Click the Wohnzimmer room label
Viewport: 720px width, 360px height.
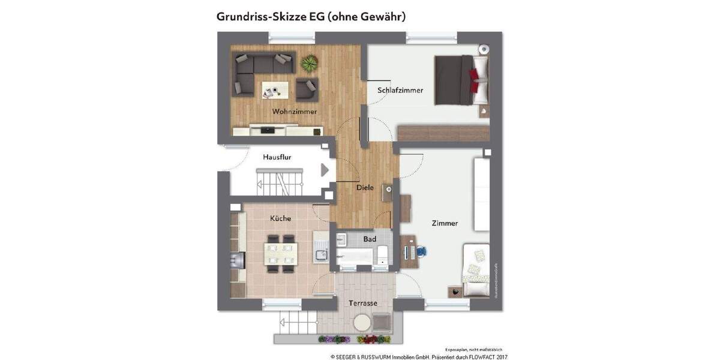294,112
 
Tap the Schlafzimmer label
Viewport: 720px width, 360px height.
400,91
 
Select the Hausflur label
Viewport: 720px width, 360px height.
277,157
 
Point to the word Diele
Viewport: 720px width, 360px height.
365,188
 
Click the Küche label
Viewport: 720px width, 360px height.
280,218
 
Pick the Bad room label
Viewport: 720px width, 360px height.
370,239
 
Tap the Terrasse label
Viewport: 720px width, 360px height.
363,303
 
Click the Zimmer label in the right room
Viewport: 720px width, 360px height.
445,223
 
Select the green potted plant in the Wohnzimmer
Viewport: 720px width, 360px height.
310,62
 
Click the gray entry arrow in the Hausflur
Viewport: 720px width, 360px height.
325,170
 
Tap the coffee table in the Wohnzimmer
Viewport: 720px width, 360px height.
275,91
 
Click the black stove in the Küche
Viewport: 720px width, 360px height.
238,260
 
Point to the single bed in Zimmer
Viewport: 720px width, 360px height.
476,271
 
